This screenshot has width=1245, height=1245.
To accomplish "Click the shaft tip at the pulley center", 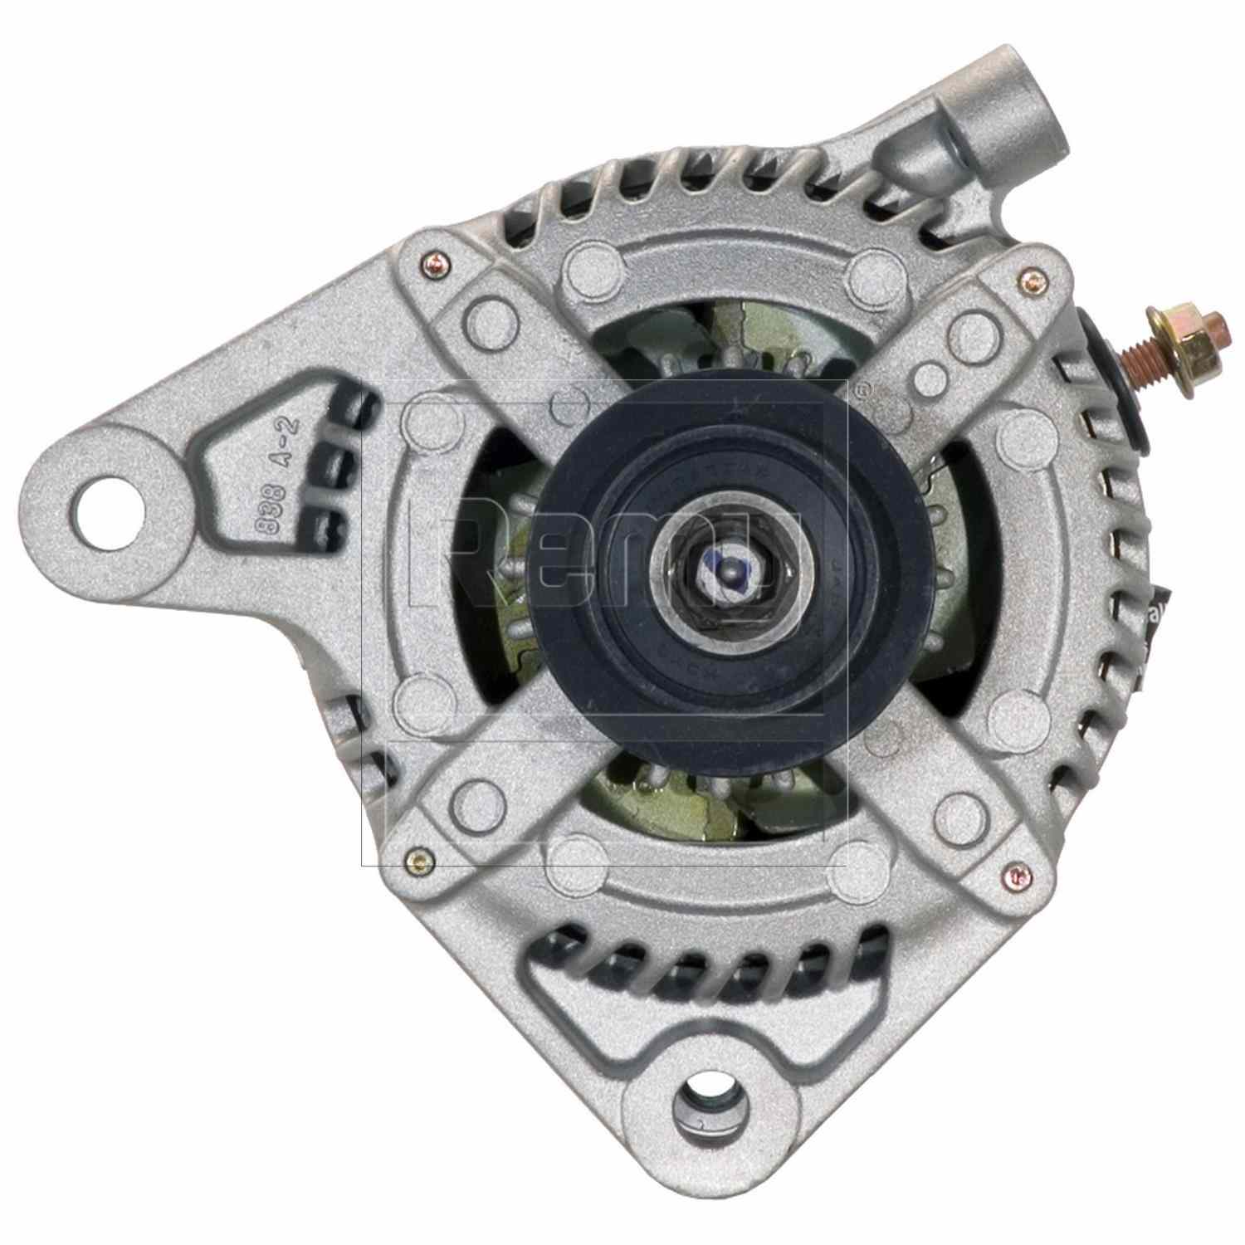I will point(728,572).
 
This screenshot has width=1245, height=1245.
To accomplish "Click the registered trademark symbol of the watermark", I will point(863,388).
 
